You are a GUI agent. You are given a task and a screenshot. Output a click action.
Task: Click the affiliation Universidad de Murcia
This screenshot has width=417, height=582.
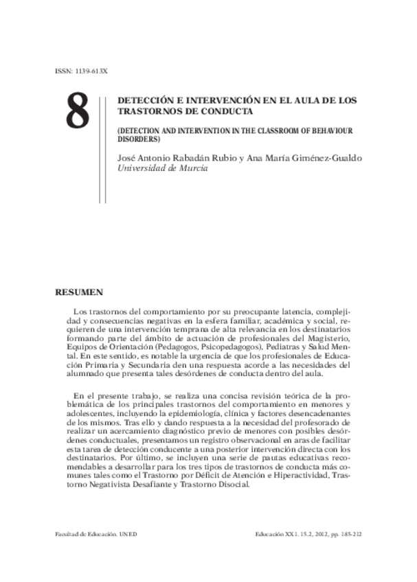tap(164, 168)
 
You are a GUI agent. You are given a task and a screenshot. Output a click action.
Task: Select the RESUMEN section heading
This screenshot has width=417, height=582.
tap(79, 292)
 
